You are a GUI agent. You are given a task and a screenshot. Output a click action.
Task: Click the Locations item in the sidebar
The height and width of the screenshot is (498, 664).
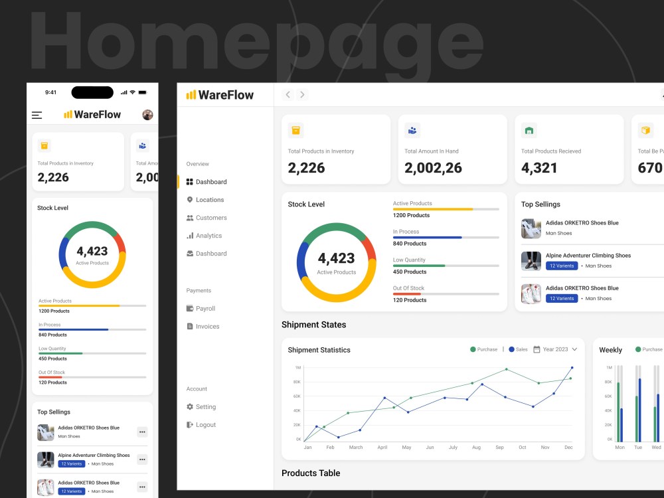(x=209, y=200)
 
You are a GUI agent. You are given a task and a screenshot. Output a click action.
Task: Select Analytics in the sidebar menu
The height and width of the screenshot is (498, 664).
(x=208, y=236)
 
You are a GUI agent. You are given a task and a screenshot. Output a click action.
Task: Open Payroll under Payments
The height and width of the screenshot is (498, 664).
(x=205, y=309)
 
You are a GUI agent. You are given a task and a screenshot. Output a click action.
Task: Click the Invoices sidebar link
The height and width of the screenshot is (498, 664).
(x=207, y=327)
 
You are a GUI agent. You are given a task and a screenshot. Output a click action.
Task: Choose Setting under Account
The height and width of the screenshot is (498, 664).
(x=205, y=407)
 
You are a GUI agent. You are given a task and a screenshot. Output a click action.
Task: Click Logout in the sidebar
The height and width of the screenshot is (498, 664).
(x=205, y=425)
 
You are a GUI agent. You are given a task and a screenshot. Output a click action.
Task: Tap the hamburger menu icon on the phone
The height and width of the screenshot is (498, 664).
(x=37, y=115)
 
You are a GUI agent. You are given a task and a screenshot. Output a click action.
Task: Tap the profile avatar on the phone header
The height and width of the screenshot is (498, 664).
(x=147, y=115)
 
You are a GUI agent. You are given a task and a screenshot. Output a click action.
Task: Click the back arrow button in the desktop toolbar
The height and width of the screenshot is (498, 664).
(x=288, y=95)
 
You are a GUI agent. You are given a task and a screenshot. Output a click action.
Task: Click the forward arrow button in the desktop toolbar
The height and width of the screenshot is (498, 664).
(x=303, y=95)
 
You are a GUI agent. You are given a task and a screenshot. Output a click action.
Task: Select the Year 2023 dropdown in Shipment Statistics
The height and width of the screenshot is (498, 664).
(x=556, y=349)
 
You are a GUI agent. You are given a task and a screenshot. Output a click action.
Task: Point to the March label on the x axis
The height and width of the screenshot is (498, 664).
(x=356, y=448)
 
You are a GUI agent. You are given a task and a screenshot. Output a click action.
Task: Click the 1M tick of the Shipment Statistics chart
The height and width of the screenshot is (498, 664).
(x=298, y=367)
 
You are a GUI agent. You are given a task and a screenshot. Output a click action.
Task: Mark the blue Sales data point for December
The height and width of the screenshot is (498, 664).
(x=572, y=367)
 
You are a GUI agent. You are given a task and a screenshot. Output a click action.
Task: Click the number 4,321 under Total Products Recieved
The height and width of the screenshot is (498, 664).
(x=539, y=168)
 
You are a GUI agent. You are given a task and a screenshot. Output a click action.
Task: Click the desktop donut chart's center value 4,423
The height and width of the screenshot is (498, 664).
(x=336, y=258)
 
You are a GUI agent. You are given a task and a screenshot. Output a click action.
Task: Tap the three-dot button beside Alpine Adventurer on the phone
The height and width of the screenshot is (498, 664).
(x=142, y=459)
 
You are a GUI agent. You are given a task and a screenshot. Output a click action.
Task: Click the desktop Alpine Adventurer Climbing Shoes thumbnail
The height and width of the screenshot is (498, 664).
(x=531, y=261)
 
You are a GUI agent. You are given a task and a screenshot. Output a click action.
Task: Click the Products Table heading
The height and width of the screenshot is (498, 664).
(x=311, y=473)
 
